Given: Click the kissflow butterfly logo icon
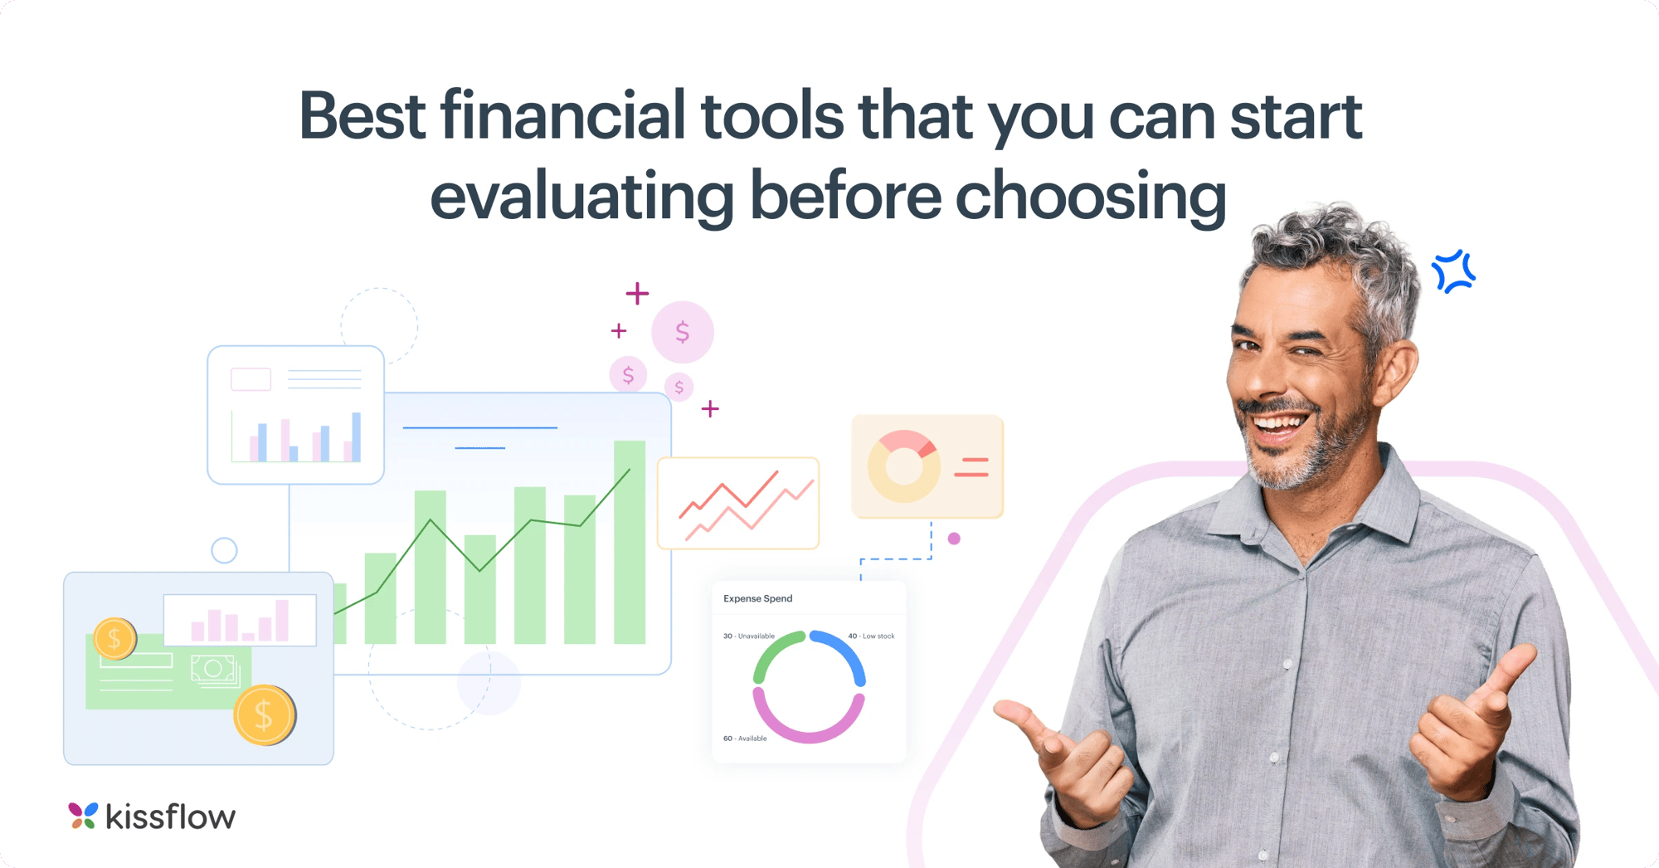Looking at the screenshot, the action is (x=83, y=816).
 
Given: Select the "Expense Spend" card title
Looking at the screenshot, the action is (x=757, y=598).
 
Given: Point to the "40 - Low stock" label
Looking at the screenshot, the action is (x=871, y=636).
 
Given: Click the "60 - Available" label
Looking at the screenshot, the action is (x=745, y=738).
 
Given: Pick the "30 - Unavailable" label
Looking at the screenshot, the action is (x=748, y=636).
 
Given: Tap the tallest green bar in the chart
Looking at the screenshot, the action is (x=630, y=542).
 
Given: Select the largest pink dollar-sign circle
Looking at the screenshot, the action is (x=683, y=332).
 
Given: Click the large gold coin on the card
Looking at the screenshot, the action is (x=264, y=714).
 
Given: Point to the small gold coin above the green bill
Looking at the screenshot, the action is (x=114, y=639).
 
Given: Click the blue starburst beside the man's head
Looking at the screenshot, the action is (x=1453, y=271).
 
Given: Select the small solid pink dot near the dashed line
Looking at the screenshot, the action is (x=954, y=539).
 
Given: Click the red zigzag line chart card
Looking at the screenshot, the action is (x=738, y=503).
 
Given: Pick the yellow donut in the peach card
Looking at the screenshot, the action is (x=903, y=466).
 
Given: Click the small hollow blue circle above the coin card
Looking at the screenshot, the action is (x=224, y=550).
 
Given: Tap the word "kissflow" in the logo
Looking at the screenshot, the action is (x=171, y=817).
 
